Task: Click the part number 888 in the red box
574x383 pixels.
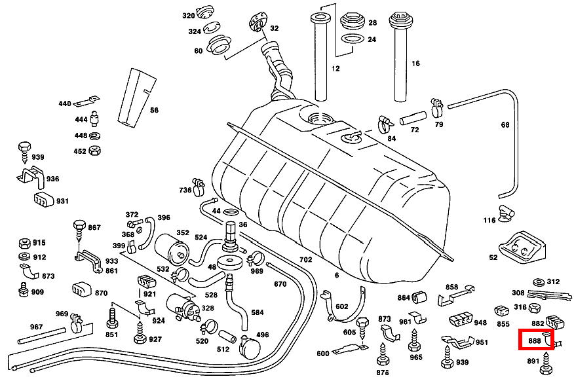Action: click(x=535, y=340)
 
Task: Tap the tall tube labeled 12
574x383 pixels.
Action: click(x=320, y=57)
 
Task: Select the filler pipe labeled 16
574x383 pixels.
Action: click(x=400, y=57)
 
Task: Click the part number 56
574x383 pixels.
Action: click(x=154, y=110)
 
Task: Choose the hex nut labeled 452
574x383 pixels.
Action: click(x=94, y=151)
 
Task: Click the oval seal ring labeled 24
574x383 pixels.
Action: click(x=352, y=39)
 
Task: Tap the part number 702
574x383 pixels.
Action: click(x=305, y=260)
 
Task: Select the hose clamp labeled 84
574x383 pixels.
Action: click(x=385, y=124)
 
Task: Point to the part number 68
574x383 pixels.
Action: click(x=505, y=125)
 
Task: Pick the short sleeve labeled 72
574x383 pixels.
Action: click(x=413, y=118)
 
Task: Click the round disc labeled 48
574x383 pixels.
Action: click(x=230, y=263)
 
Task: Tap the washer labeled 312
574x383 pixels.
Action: click(x=539, y=282)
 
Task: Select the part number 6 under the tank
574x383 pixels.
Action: click(x=336, y=276)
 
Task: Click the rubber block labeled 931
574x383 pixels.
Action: click(x=43, y=199)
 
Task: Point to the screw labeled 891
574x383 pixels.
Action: click(x=546, y=363)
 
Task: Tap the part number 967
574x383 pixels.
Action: click(x=36, y=327)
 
